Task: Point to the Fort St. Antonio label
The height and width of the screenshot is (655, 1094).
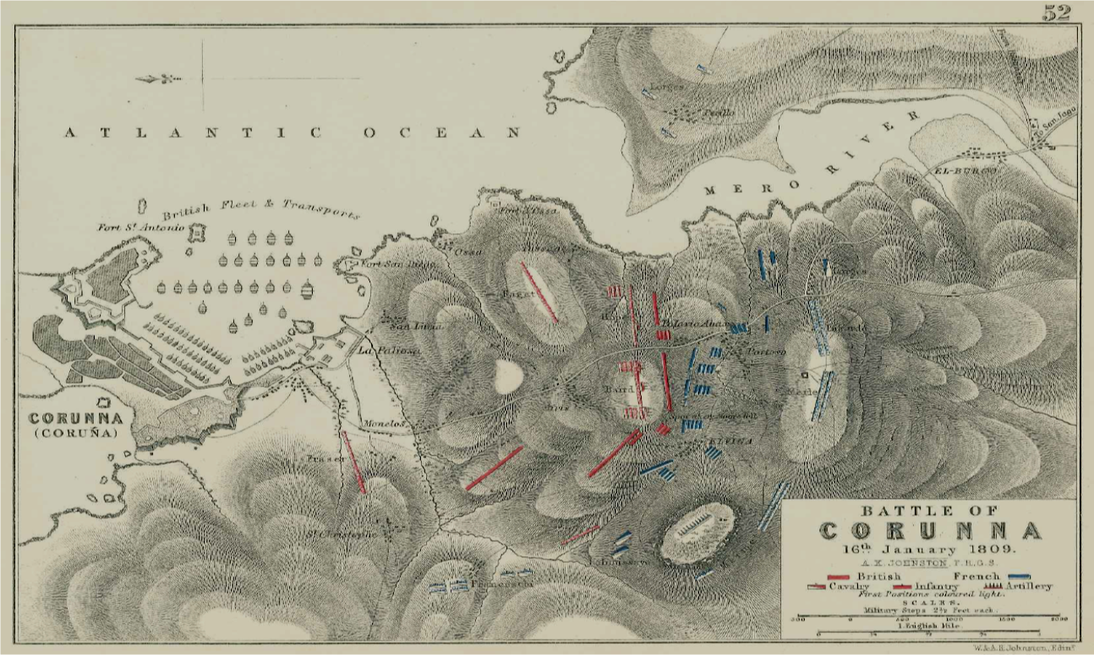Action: (140, 226)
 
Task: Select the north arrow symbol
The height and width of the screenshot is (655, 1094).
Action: (159, 79)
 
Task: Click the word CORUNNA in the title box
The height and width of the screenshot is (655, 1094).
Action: (930, 532)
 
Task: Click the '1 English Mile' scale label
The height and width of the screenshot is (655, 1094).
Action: (928, 625)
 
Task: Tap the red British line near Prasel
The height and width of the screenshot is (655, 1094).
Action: (354, 462)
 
